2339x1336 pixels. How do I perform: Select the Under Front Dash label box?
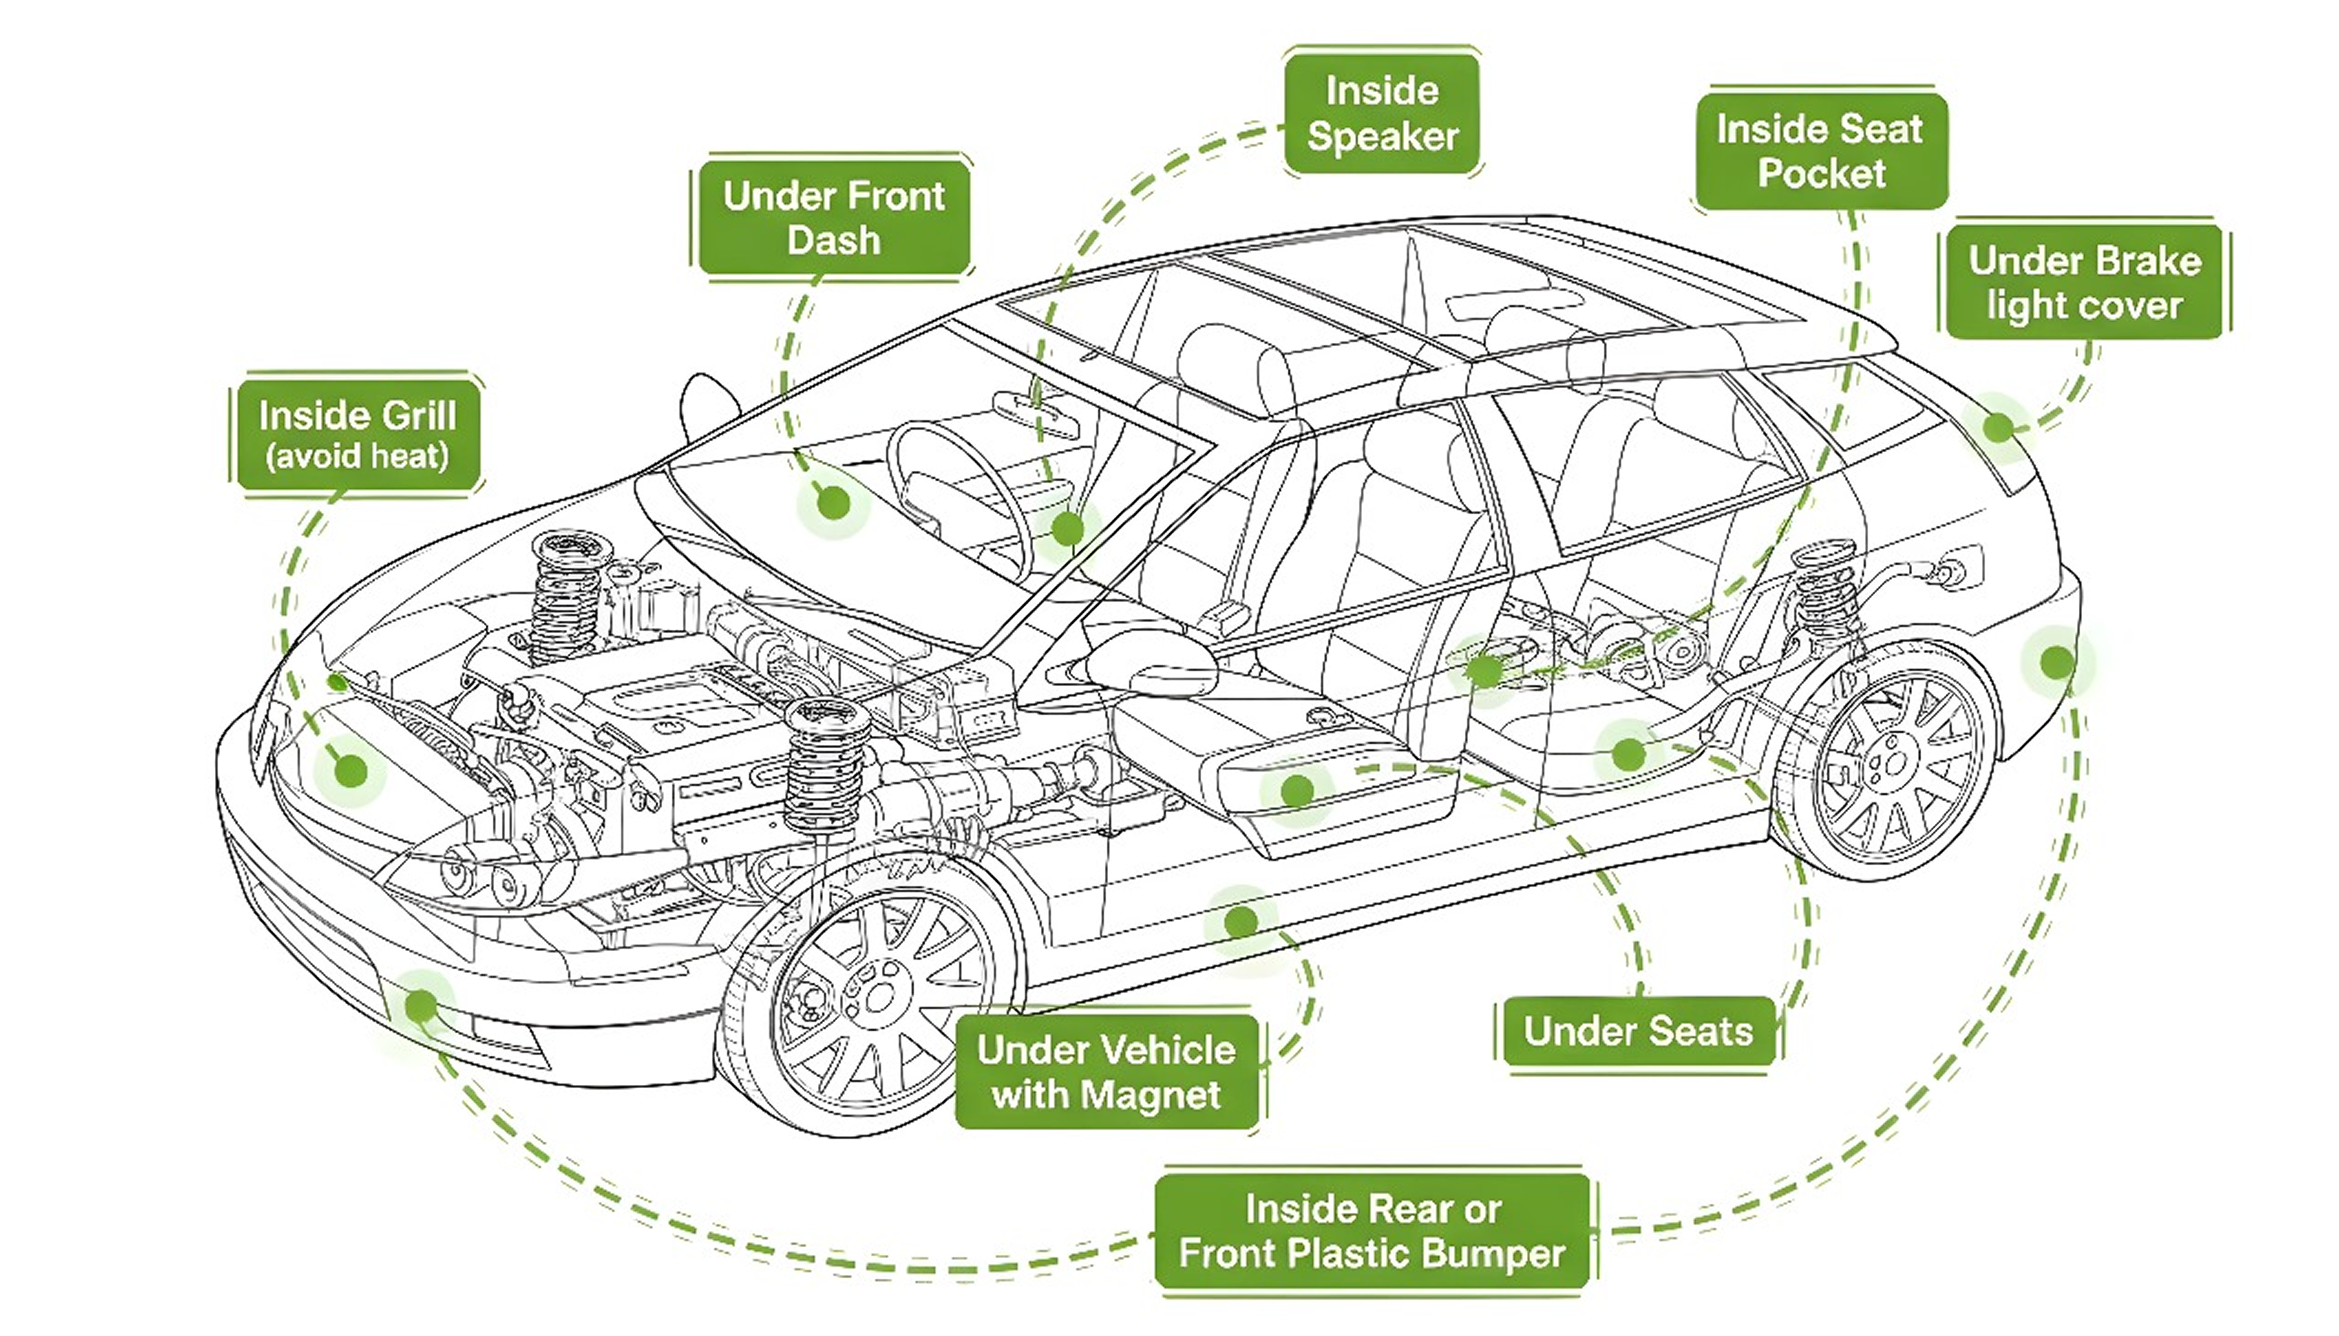pyautogui.click(x=833, y=217)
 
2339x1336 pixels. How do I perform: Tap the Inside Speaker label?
pyautogui.click(x=1382, y=113)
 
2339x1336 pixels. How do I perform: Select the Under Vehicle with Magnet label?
pyautogui.click(x=1106, y=1072)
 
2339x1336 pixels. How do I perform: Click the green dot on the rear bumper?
pyautogui.click(x=2058, y=661)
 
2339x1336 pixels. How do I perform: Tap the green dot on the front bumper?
pyautogui.click(x=421, y=1006)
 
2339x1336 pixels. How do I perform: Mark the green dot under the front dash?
pyautogui.click(x=833, y=502)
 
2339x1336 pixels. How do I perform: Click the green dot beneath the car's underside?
pyautogui.click(x=1240, y=921)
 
